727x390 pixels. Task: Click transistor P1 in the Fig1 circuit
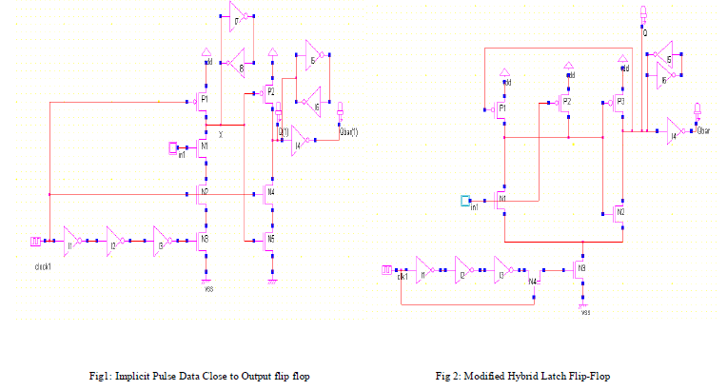[203, 102]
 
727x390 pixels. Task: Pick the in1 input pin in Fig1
[172, 146]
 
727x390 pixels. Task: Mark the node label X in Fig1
[221, 134]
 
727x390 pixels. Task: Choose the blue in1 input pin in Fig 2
[464, 201]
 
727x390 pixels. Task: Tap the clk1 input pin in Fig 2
[387, 270]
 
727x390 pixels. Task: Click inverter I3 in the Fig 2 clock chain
[501, 270]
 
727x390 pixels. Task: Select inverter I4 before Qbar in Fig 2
[674, 129]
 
